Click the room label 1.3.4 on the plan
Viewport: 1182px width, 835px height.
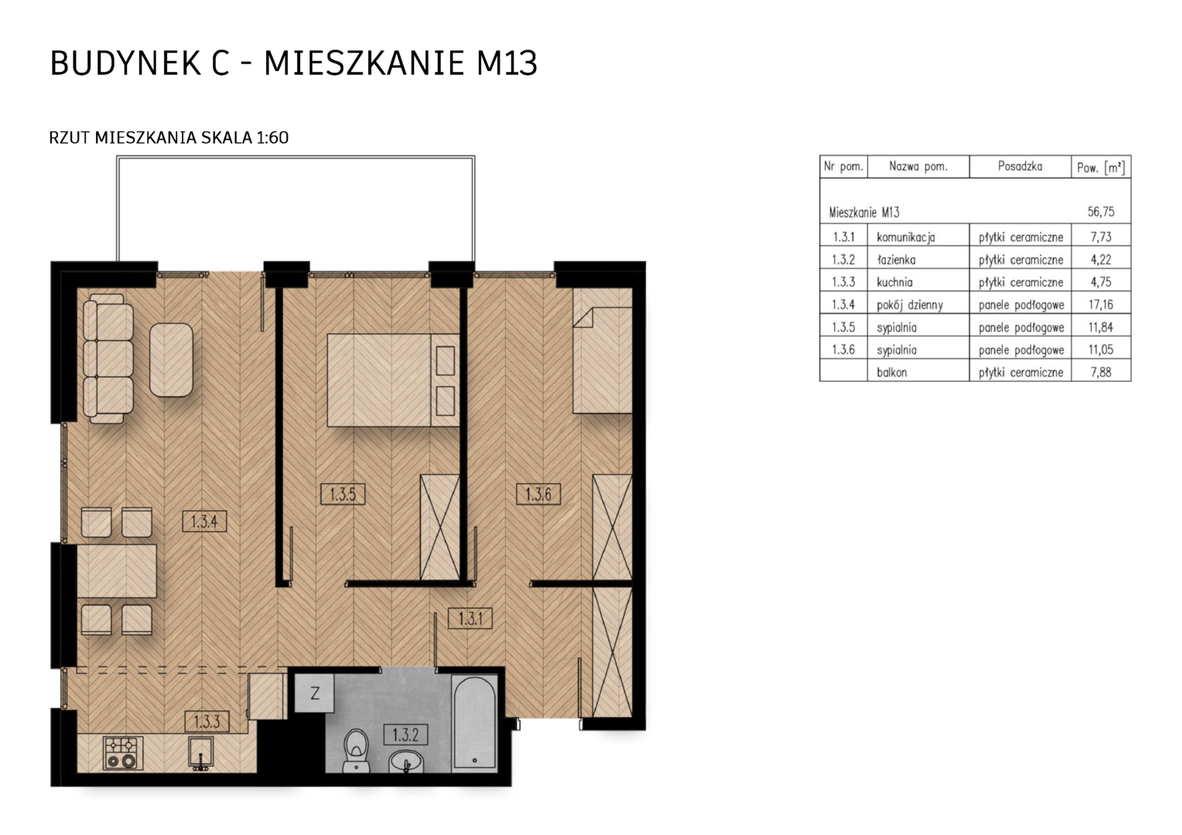pyautogui.click(x=204, y=522)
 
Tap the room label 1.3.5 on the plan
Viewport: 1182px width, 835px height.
pyautogui.click(x=343, y=494)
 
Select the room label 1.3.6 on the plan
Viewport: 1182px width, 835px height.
pyautogui.click(x=538, y=494)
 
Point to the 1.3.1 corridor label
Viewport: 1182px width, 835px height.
pyautogui.click(x=470, y=619)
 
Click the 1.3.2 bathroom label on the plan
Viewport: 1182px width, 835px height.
pyautogui.click(x=405, y=734)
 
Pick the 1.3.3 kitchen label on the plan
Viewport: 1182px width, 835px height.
pyautogui.click(x=207, y=721)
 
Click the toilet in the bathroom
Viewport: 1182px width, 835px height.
pyautogui.click(x=356, y=751)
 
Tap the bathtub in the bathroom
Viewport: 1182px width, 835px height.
pyautogui.click(x=474, y=724)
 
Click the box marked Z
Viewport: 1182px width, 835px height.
pyautogui.click(x=315, y=693)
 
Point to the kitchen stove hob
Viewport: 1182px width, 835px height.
pyautogui.click(x=122, y=753)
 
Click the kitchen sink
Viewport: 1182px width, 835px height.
pyautogui.click(x=201, y=753)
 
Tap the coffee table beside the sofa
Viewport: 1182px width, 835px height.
pyautogui.click(x=171, y=360)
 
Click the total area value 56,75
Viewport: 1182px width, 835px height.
pyautogui.click(x=1101, y=212)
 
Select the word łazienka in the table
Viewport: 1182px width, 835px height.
pyautogui.click(x=896, y=260)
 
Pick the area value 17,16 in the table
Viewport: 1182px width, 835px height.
pyautogui.click(x=1101, y=305)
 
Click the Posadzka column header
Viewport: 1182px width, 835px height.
pyautogui.click(x=1020, y=167)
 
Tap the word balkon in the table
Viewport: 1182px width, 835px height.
pyautogui.click(x=892, y=373)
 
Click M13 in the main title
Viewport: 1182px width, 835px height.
pyautogui.click(x=507, y=63)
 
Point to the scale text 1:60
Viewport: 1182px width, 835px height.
pyautogui.click(x=272, y=138)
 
